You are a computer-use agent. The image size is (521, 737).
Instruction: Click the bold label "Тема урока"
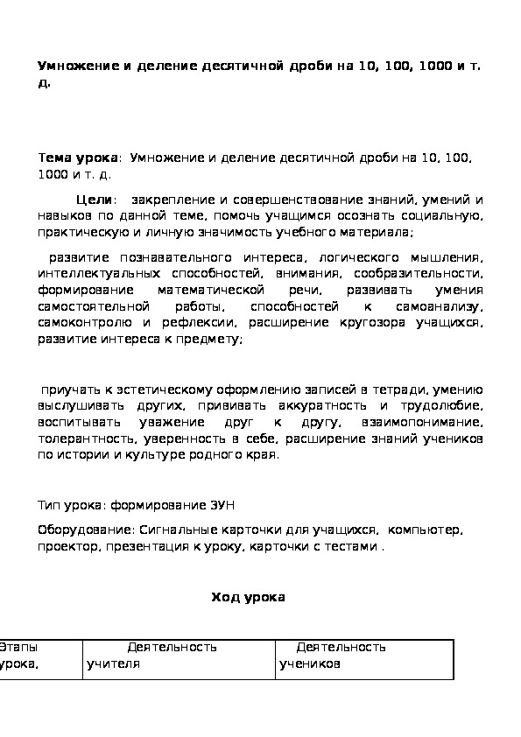coord(77,158)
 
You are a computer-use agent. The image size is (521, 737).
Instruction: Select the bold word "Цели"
coord(93,201)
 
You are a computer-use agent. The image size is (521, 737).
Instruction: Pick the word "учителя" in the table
coord(113,664)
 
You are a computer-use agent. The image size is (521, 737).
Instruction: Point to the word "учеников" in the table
coord(310,664)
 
